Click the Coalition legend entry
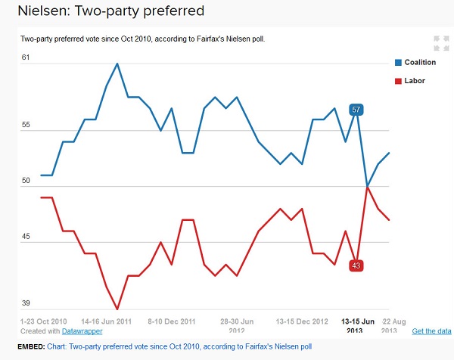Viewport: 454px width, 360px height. tap(415, 62)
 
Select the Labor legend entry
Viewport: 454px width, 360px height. tap(410, 80)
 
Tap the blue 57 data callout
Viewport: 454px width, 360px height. tap(356, 110)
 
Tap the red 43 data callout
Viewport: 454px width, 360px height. tap(356, 265)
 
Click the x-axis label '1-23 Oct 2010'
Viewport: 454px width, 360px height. tap(45, 321)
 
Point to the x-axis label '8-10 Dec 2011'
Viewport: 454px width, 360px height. tap(173, 321)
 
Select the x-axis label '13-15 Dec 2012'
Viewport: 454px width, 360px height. tap(301, 321)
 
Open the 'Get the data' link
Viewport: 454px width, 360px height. tap(431, 331)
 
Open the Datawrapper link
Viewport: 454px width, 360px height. tap(82, 331)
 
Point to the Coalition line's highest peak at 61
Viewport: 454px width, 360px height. tap(117, 64)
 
